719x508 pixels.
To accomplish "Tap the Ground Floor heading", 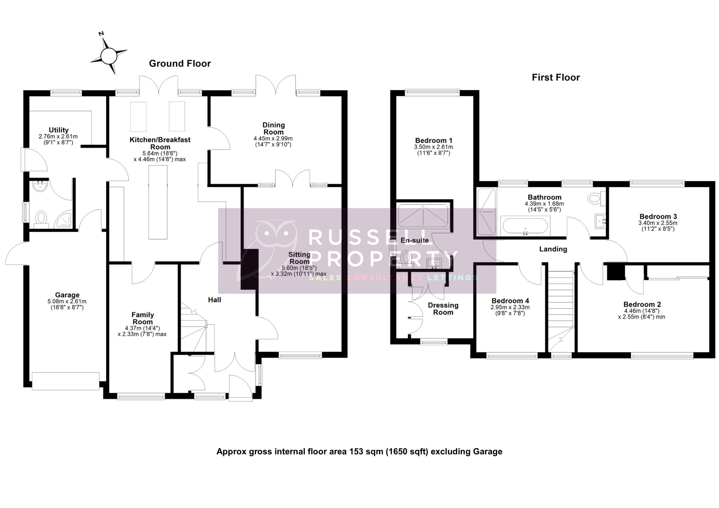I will point(180,63).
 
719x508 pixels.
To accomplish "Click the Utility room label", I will point(59,130).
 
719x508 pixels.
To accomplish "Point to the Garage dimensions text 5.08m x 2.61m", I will point(67,301).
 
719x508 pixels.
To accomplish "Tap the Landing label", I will point(553,249).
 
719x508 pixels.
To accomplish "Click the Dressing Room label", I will point(443,309).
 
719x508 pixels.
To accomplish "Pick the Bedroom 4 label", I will point(510,301).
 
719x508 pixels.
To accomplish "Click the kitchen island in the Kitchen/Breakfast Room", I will point(158,202).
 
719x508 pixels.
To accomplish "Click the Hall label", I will point(215,300).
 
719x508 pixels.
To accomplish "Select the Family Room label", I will point(142,318).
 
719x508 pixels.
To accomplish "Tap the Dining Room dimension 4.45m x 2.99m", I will point(273,138).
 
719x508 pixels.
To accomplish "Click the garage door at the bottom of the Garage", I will point(66,381).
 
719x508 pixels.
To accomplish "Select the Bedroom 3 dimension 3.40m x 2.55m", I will point(657,223).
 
